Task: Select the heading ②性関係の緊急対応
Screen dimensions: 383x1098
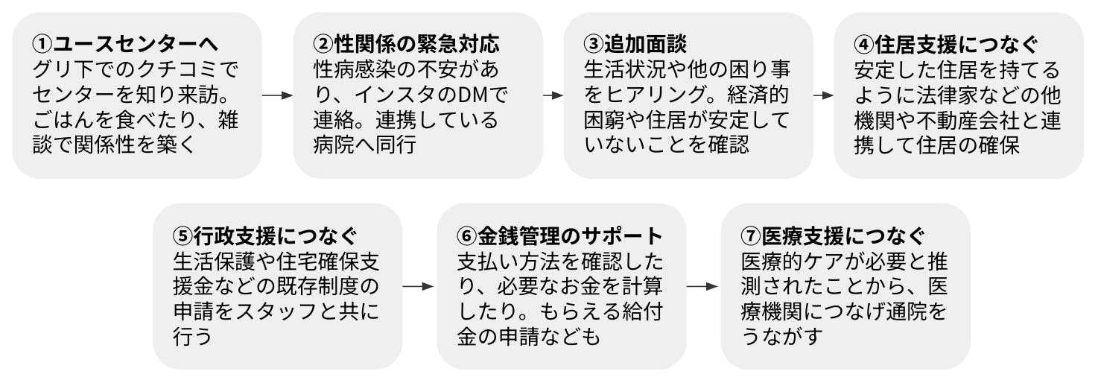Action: click(405, 44)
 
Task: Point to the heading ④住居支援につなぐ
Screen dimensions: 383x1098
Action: click(946, 44)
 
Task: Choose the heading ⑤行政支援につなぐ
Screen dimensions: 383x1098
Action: click(264, 235)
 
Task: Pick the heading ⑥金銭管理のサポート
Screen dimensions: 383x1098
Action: click(559, 235)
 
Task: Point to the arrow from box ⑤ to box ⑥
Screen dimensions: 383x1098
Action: click(418, 286)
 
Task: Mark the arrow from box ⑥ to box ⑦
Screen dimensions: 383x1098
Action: click(702, 286)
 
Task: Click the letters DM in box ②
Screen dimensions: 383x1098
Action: click(471, 95)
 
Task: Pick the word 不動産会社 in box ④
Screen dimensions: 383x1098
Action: click(951, 120)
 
